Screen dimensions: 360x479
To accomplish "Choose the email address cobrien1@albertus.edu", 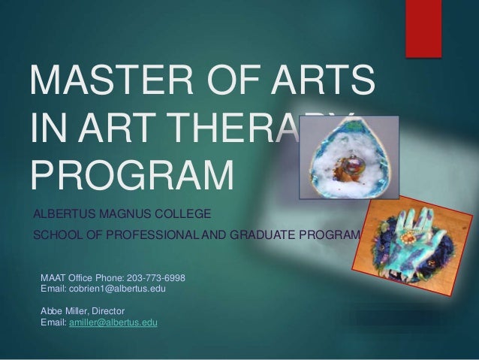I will coord(117,289).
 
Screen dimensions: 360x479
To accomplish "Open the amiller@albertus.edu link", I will coord(113,322).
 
